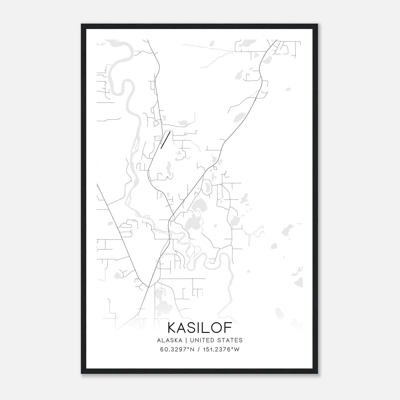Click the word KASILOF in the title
[x=200, y=327]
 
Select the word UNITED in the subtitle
[x=202, y=340]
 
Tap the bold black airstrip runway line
[x=165, y=140]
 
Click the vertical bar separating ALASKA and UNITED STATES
[x=188, y=340]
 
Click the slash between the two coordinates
[x=198, y=349]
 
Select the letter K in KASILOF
[x=172, y=327]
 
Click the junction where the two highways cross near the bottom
[x=149, y=287]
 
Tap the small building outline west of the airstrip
[x=159, y=137]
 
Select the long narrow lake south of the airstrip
[x=169, y=167]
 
